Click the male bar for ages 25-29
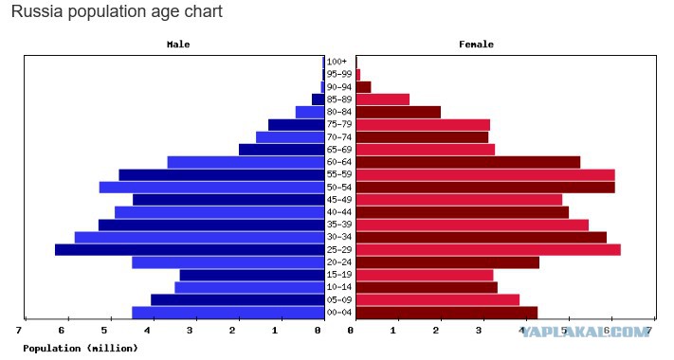pos(190,249)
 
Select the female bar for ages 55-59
pos(485,175)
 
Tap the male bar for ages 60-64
pos(246,162)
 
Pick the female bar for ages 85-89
pos(383,99)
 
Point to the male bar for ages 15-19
pos(252,275)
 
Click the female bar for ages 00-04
pos(446,313)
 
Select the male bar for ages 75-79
pos(296,125)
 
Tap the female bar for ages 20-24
pos(447,262)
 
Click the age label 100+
pos(337,62)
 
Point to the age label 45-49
pos(339,200)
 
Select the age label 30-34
pos(339,237)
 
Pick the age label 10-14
pos(339,287)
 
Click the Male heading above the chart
pos(178,45)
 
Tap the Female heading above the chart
pos(476,45)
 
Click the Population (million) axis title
pos(81,348)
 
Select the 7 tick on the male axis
pos(18,331)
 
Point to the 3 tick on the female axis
pos(479,331)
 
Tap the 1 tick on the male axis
pos(275,331)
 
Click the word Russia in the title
pos(38,11)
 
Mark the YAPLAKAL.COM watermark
pos(585,331)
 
